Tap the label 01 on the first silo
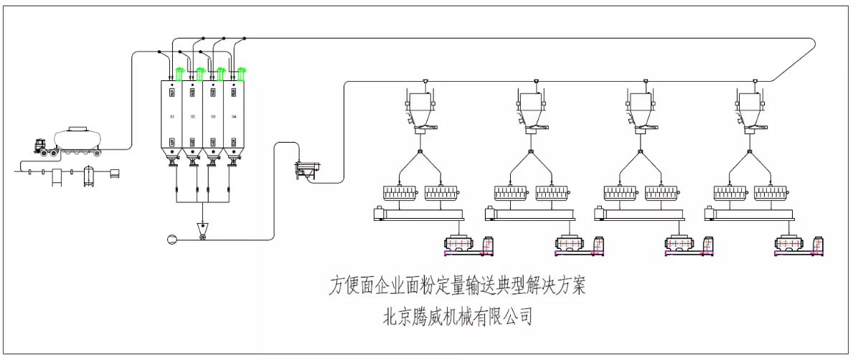[x=172, y=115]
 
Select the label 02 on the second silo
[x=193, y=115]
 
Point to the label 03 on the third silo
[x=213, y=115]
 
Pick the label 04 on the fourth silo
[x=234, y=115]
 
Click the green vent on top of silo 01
[x=179, y=70]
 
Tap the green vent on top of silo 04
[x=242, y=70]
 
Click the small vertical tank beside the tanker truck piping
[x=89, y=176]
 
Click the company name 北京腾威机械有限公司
[x=458, y=316]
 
